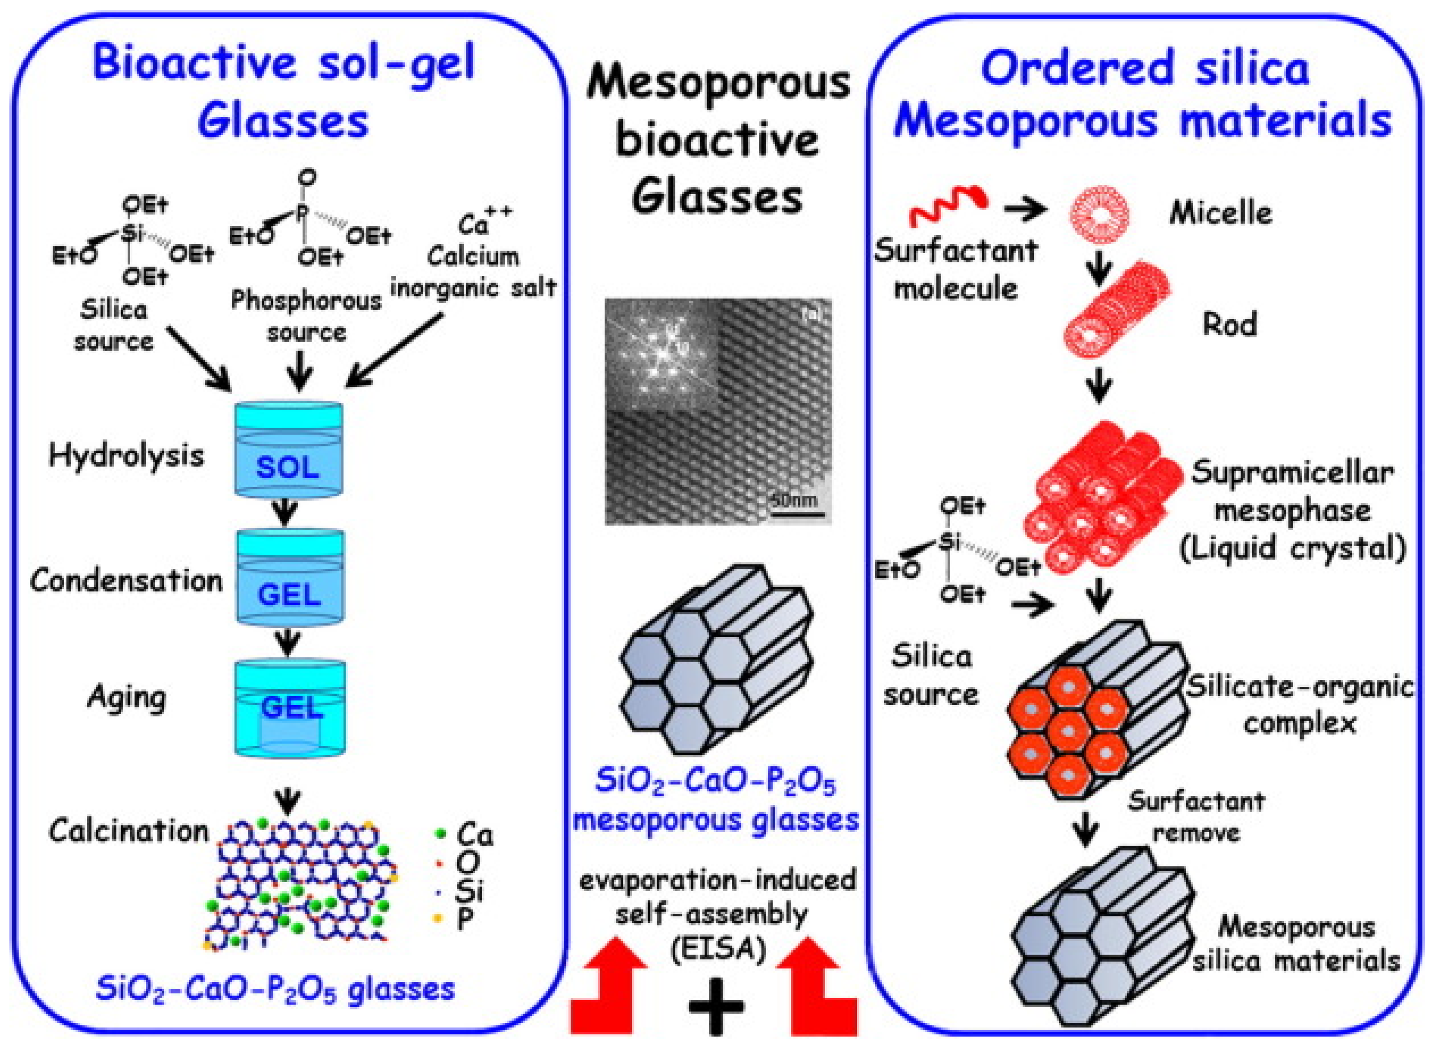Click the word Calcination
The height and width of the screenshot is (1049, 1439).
point(129,830)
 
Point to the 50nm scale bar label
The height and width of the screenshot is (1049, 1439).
point(794,500)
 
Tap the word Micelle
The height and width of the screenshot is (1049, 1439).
point(1220,213)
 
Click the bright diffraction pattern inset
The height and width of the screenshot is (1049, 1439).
point(660,356)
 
